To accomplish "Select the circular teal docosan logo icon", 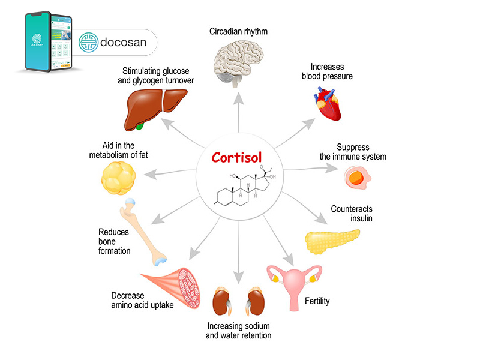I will click(x=91, y=43).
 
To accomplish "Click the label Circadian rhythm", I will click(x=239, y=29).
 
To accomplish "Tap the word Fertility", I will click(x=317, y=300).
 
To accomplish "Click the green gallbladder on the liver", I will click(x=140, y=125).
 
